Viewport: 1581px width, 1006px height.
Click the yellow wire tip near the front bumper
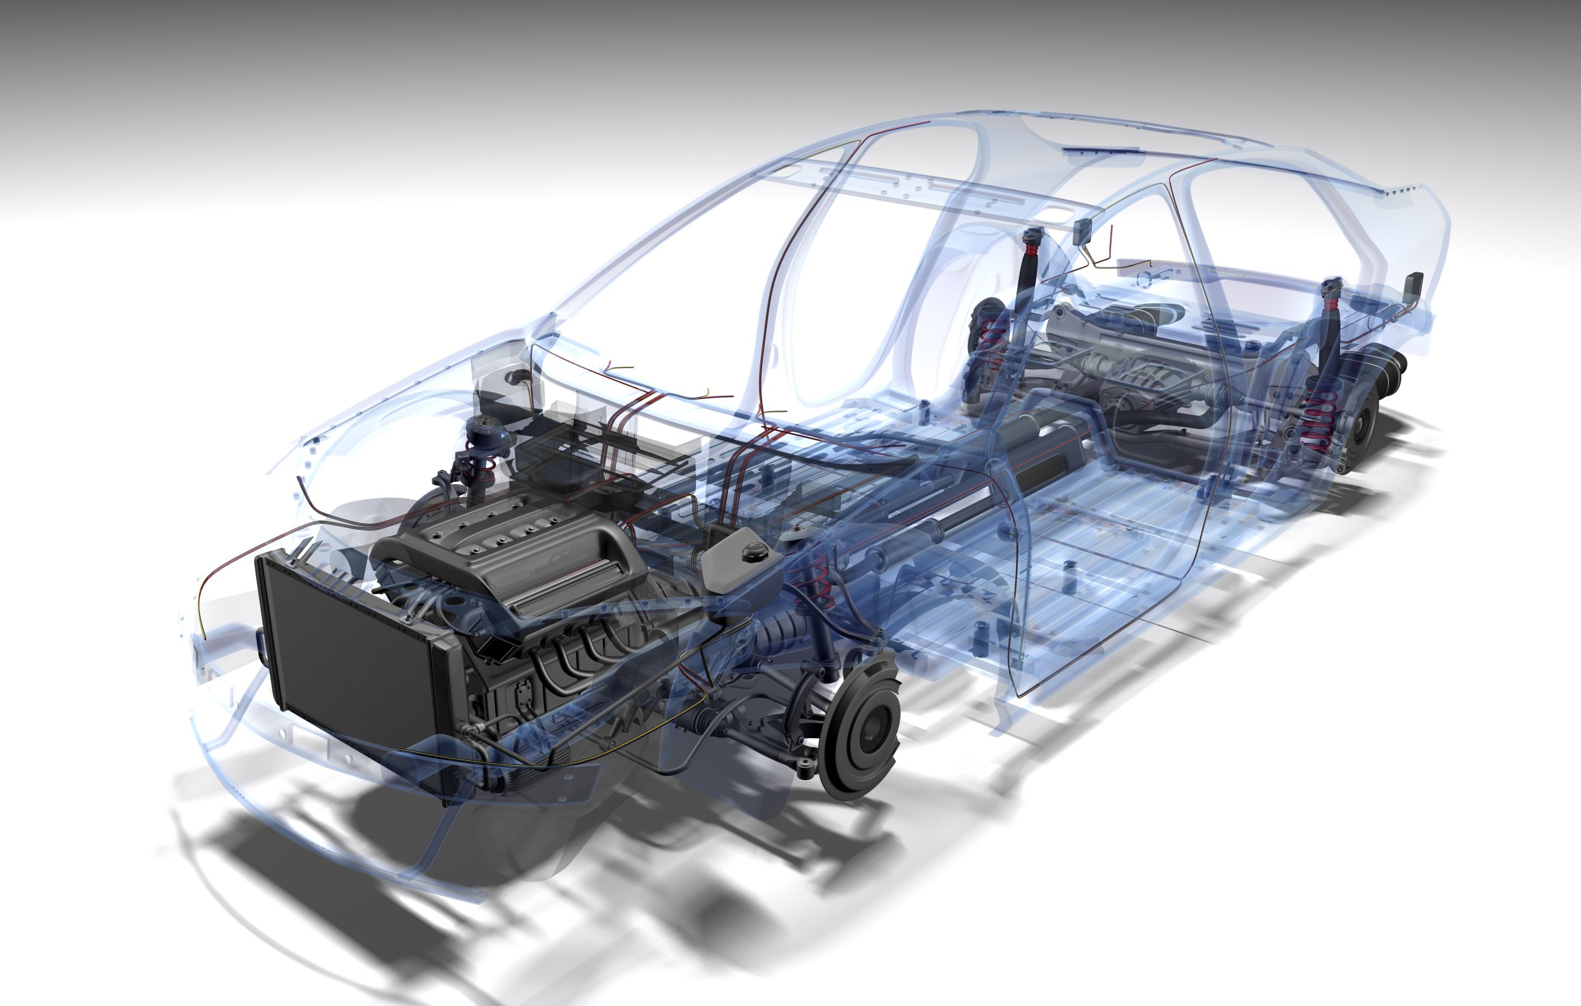204,635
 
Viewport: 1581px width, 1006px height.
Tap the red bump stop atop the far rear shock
1032,249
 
